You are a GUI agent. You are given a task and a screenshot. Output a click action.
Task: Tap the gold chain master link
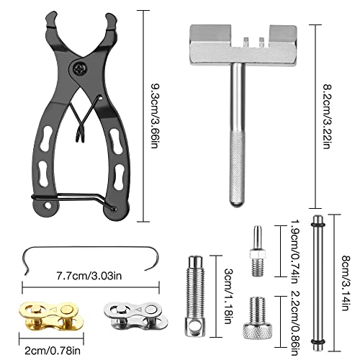coord(51,315)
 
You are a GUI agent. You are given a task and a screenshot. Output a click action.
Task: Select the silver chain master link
coord(136,315)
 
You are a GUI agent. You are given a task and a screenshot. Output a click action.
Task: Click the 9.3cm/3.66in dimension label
coord(154,116)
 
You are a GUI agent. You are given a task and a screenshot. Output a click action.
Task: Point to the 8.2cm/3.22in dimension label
coord(327,117)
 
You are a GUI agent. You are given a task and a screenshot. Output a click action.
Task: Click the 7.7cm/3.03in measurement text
coord(89,276)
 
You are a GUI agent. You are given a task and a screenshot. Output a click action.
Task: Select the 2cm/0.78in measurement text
coord(53,351)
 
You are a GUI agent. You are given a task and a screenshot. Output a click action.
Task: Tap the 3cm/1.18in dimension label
coord(228,296)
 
